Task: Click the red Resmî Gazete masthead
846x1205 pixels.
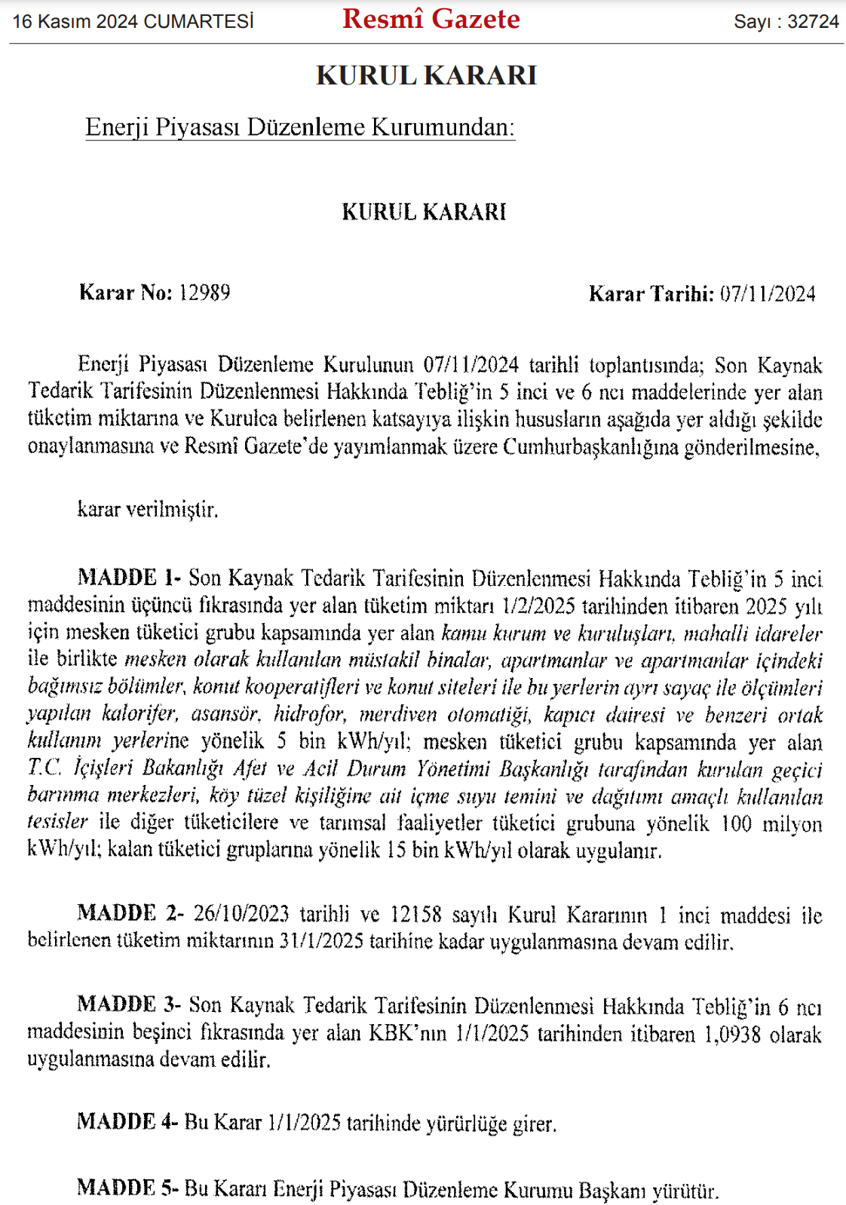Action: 431,20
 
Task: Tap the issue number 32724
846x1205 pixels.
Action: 813,22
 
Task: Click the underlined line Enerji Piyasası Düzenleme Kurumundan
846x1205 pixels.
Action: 299,127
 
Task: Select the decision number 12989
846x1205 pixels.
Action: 204,293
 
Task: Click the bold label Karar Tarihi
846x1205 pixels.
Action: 651,293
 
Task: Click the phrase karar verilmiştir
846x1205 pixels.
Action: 148,510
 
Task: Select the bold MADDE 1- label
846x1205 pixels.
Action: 129,578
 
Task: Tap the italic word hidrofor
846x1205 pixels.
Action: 308,714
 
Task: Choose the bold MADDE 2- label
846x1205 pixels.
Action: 130,913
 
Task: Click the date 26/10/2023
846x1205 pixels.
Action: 241,914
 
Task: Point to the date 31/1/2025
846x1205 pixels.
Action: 330,942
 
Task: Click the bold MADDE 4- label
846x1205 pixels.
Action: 127,1122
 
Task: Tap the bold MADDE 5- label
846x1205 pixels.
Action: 127,1189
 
